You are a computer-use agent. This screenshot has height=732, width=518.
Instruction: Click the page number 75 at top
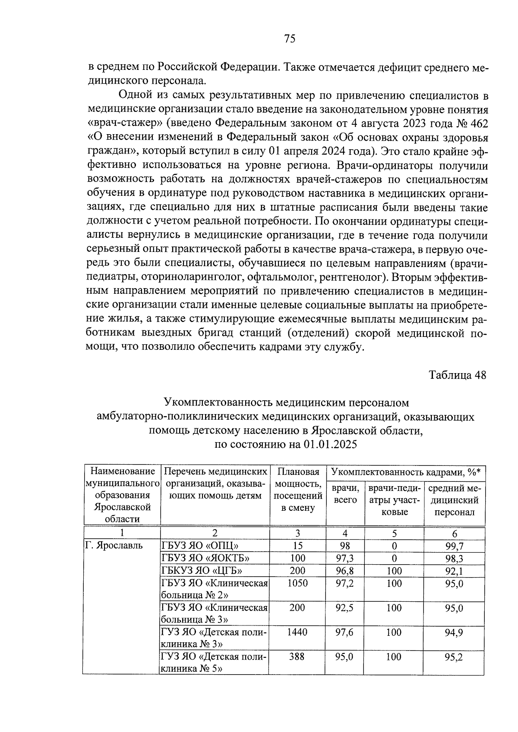[290, 39]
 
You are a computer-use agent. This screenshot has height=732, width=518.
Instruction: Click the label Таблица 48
[457, 375]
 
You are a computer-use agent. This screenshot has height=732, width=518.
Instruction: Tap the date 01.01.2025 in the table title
[330, 444]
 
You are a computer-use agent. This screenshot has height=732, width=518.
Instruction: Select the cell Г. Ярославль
[114, 545]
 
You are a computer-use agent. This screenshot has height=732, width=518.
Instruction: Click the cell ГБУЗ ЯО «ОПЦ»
[199, 545]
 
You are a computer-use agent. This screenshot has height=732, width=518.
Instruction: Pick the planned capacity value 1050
[297, 583]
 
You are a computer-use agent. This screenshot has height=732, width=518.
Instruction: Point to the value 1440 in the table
[297, 632]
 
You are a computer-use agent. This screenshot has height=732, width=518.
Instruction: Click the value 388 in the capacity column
[297, 657]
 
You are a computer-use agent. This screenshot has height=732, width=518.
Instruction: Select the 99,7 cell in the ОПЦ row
[454, 546]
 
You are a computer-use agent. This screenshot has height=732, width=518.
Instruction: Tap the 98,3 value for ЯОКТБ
[454, 558]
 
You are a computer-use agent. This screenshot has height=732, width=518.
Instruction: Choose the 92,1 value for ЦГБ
[454, 571]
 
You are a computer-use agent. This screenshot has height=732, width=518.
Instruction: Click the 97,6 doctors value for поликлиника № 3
[344, 632]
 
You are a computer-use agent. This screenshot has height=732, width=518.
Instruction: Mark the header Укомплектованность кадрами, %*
[406, 472]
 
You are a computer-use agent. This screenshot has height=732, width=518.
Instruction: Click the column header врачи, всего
[345, 494]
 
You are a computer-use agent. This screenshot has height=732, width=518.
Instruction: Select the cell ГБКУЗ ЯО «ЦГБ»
[202, 571]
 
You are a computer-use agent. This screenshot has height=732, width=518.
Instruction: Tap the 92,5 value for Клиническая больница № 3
[344, 607]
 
